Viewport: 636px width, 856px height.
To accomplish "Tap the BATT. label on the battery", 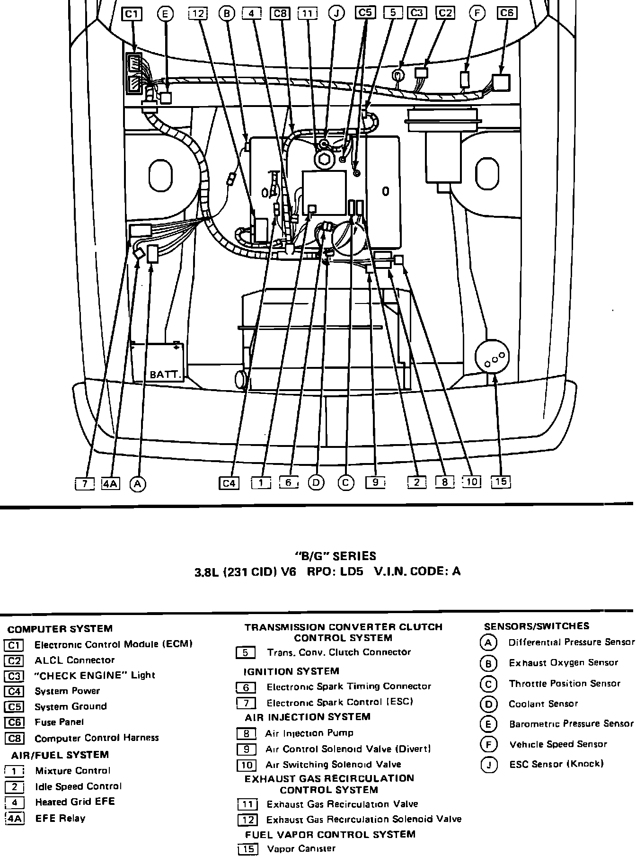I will tap(165, 375).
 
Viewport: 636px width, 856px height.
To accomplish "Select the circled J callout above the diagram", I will tap(336, 14).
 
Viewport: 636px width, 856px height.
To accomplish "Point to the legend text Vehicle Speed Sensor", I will tap(558, 744).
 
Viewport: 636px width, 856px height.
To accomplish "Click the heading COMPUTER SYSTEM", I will tap(60, 629).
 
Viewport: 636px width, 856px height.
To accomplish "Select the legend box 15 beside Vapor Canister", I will tap(247, 849).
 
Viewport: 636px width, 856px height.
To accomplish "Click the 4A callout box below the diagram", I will tap(111, 483).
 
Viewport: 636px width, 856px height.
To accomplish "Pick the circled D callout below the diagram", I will tap(316, 483).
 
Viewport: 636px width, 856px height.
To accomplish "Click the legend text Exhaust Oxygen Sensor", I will tap(563, 663).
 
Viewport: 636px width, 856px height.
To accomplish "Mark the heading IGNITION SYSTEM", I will tap(291, 671).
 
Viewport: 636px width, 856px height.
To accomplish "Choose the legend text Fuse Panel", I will tap(59, 722).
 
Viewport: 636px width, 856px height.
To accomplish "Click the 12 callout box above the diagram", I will tap(198, 14).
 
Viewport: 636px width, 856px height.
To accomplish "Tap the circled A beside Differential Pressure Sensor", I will tap(488, 643).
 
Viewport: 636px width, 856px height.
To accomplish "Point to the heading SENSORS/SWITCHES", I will tap(537, 626).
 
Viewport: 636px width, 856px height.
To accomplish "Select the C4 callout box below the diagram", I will tap(229, 483).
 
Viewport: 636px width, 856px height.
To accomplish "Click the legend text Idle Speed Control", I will tap(78, 786).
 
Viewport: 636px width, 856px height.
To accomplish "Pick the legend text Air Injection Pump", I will tap(309, 733).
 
